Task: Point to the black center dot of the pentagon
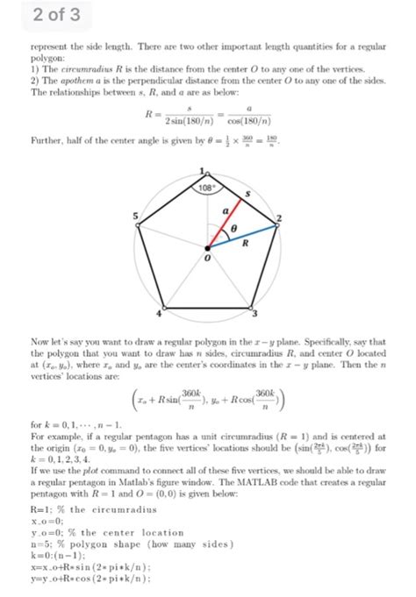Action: (x=208, y=246)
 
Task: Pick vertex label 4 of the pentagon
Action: (x=160, y=313)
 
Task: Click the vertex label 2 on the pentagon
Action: (x=280, y=216)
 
